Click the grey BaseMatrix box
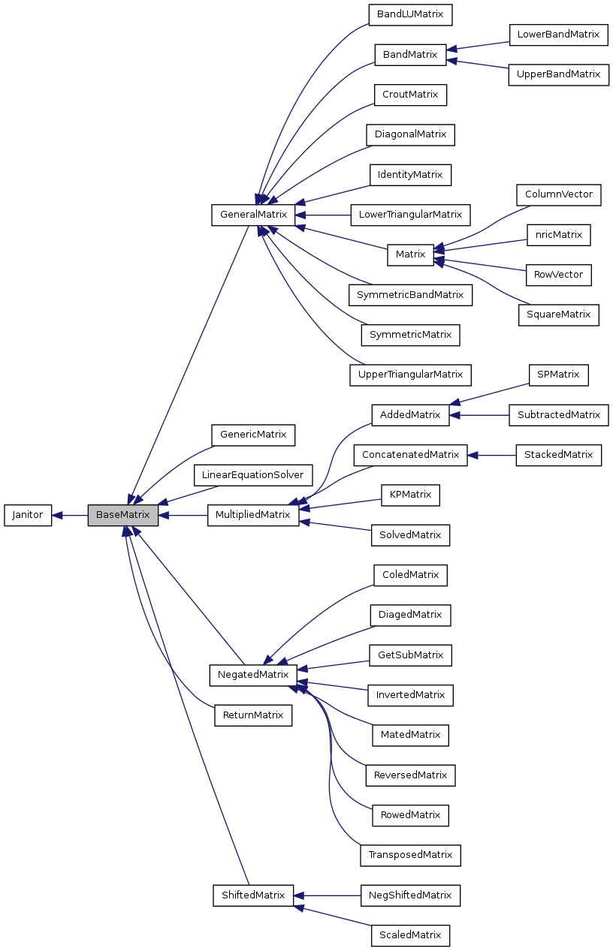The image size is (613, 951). (x=122, y=515)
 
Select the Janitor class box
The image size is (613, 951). (x=28, y=515)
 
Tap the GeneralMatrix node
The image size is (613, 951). (x=253, y=215)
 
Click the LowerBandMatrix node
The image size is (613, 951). (x=558, y=35)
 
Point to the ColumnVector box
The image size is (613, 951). (x=558, y=194)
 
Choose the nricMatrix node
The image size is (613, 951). (x=558, y=235)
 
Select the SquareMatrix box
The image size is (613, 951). (x=558, y=314)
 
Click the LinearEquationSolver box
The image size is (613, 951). (x=252, y=475)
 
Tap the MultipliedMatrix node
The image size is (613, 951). (x=253, y=515)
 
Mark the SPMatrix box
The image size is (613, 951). (x=558, y=375)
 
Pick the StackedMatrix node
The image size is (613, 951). (x=558, y=455)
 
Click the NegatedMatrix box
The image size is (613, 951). (x=253, y=675)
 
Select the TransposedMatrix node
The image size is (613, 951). (x=410, y=855)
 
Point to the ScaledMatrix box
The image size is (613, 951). (x=410, y=935)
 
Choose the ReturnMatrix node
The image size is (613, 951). (x=253, y=715)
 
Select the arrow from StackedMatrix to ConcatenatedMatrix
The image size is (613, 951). (x=492, y=455)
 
